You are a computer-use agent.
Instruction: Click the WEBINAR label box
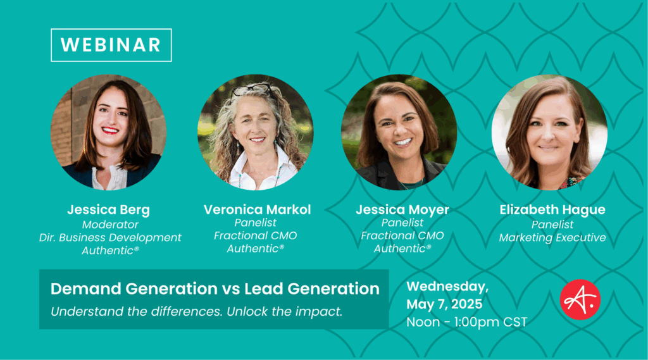(x=111, y=45)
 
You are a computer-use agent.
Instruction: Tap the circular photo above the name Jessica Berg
(x=109, y=132)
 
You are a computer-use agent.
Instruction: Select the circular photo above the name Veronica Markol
(x=256, y=132)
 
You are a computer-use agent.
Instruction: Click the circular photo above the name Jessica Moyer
(x=399, y=132)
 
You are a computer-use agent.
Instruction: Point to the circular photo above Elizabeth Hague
(x=550, y=132)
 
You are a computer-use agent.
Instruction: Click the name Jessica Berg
(x=109, y=209)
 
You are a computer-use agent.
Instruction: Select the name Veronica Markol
(x=257, y=209)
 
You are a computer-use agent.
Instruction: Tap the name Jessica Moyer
(x=402, y=209)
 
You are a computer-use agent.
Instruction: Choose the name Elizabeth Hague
(x=552, y=209)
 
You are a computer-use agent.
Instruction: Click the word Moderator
(x=110, y=225)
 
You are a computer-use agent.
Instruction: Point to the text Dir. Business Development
(x=110, y=238)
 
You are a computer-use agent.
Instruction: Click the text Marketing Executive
(x=552, y=238)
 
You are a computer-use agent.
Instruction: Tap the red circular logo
(x=580, y=300)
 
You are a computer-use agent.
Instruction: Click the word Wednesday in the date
(x=446, y=287)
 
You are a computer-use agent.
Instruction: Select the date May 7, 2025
(x=444, y=304)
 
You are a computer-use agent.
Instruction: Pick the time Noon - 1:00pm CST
(x=466, y=322)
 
